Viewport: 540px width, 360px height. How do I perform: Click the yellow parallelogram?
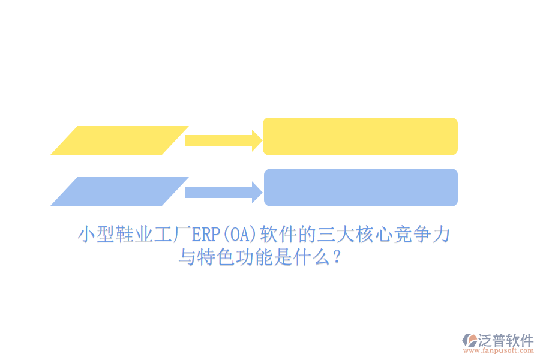click(119, 140)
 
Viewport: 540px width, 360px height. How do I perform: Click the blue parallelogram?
click(119, 191)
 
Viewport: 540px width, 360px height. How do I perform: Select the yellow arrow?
click(223, 140)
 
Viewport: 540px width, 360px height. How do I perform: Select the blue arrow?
click(223, 192)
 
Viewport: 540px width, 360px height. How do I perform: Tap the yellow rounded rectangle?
click(360, 136)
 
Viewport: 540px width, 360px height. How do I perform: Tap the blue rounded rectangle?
click(361, 187)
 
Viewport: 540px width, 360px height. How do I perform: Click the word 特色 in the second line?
click(216, 259)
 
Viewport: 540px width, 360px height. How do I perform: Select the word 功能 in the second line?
click(254, 259)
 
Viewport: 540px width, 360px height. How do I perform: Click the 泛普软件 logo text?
click(505, 340)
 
